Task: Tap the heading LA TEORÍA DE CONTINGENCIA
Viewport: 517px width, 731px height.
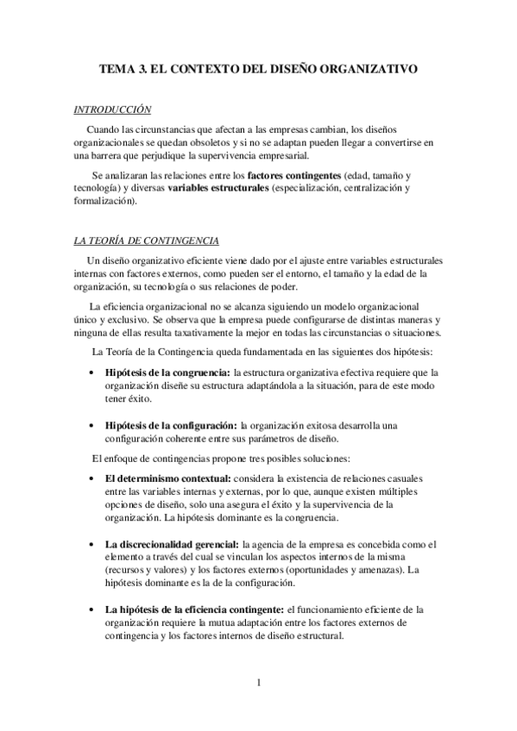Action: coord(146,241)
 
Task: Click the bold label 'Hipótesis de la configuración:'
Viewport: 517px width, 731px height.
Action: coord(171,425)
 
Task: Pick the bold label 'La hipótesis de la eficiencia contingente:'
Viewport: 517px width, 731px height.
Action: coord(194,610)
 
